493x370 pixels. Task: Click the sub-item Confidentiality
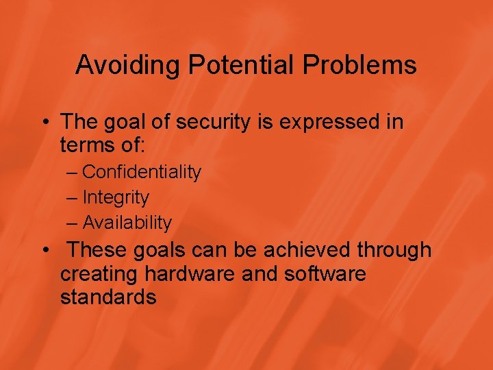coord(141,172)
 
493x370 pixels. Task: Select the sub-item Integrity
coord(115,197)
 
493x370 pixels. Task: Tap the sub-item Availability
coord(127,223)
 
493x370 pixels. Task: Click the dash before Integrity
coord(73,197)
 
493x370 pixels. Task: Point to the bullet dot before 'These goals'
coord(45,251)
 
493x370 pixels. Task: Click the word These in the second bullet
coord(99,250)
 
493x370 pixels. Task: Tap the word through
coord(396,250)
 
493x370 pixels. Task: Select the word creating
coord(99,274)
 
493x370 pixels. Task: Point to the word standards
coord(108,297)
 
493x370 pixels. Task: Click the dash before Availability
coord(73,223)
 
